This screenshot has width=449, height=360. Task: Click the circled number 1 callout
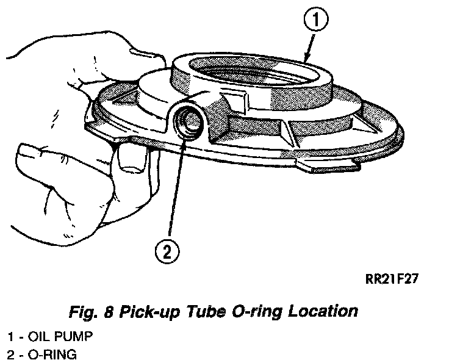click(315, 23)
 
